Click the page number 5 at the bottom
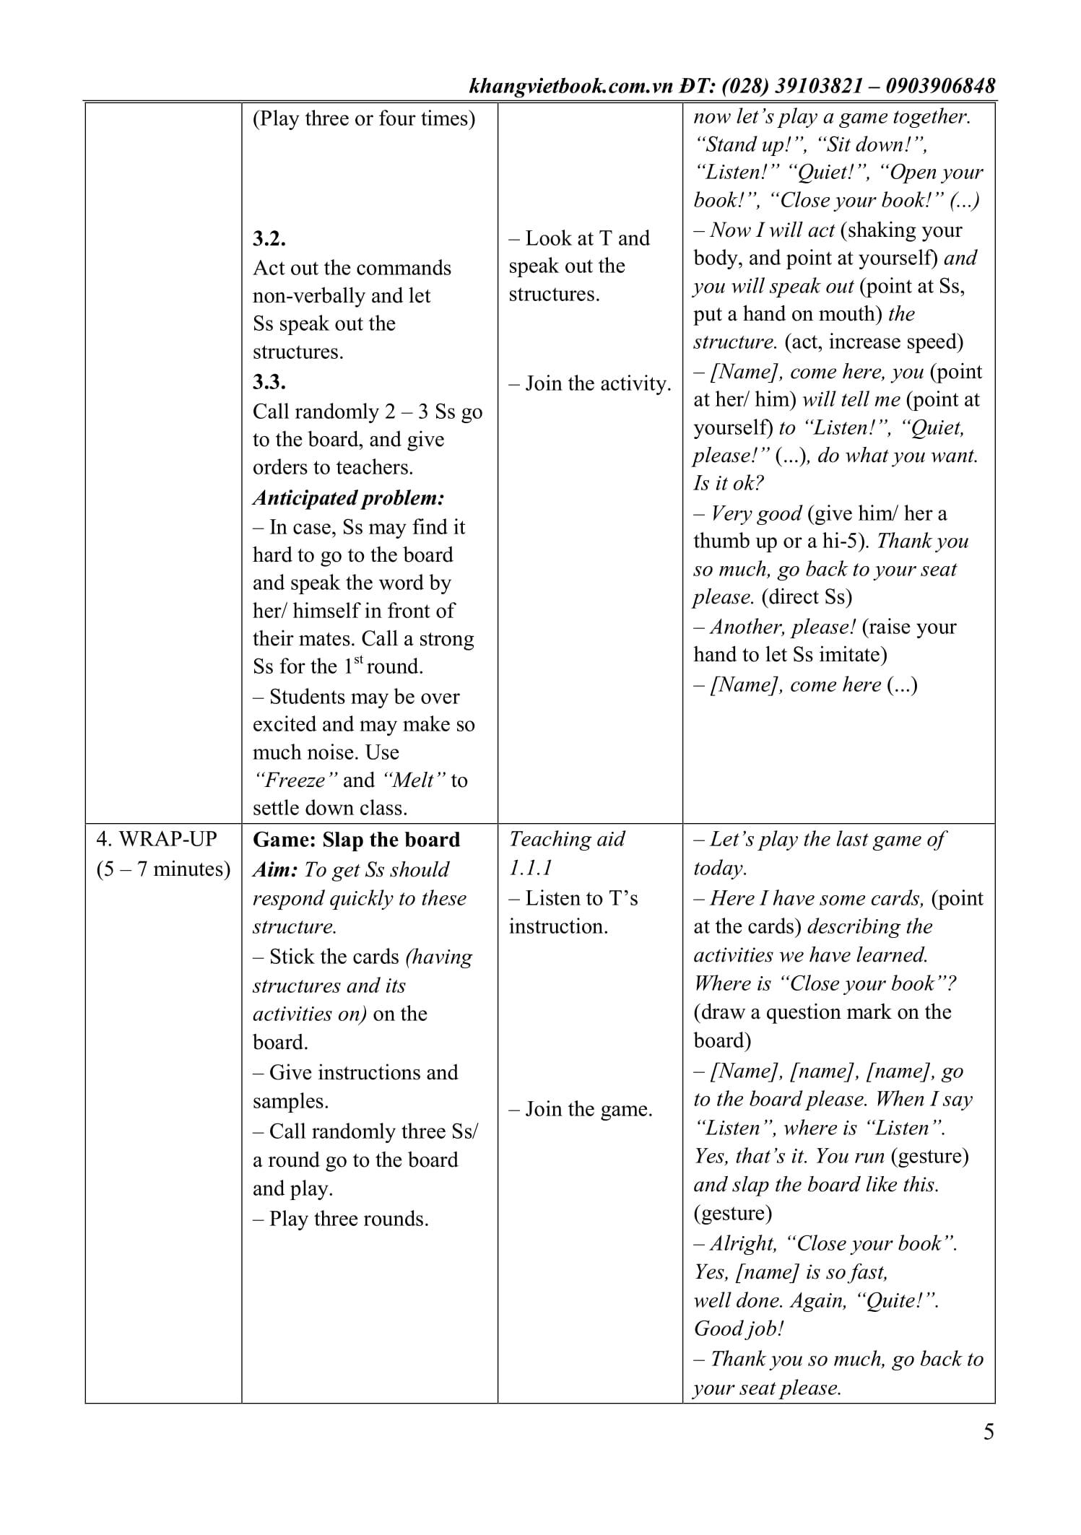988,1431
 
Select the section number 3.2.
269,238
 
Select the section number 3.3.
269,382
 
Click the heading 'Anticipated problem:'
348,497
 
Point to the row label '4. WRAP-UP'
157,839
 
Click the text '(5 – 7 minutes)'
163,869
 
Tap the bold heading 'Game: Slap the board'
356,840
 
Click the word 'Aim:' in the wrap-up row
275,869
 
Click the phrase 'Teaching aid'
567,839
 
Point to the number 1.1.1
531,868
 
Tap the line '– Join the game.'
581,1108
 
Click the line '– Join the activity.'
590,383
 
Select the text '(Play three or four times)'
364,118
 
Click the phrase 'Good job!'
739,1329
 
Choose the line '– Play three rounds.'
341,1219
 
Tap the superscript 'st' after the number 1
358,659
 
